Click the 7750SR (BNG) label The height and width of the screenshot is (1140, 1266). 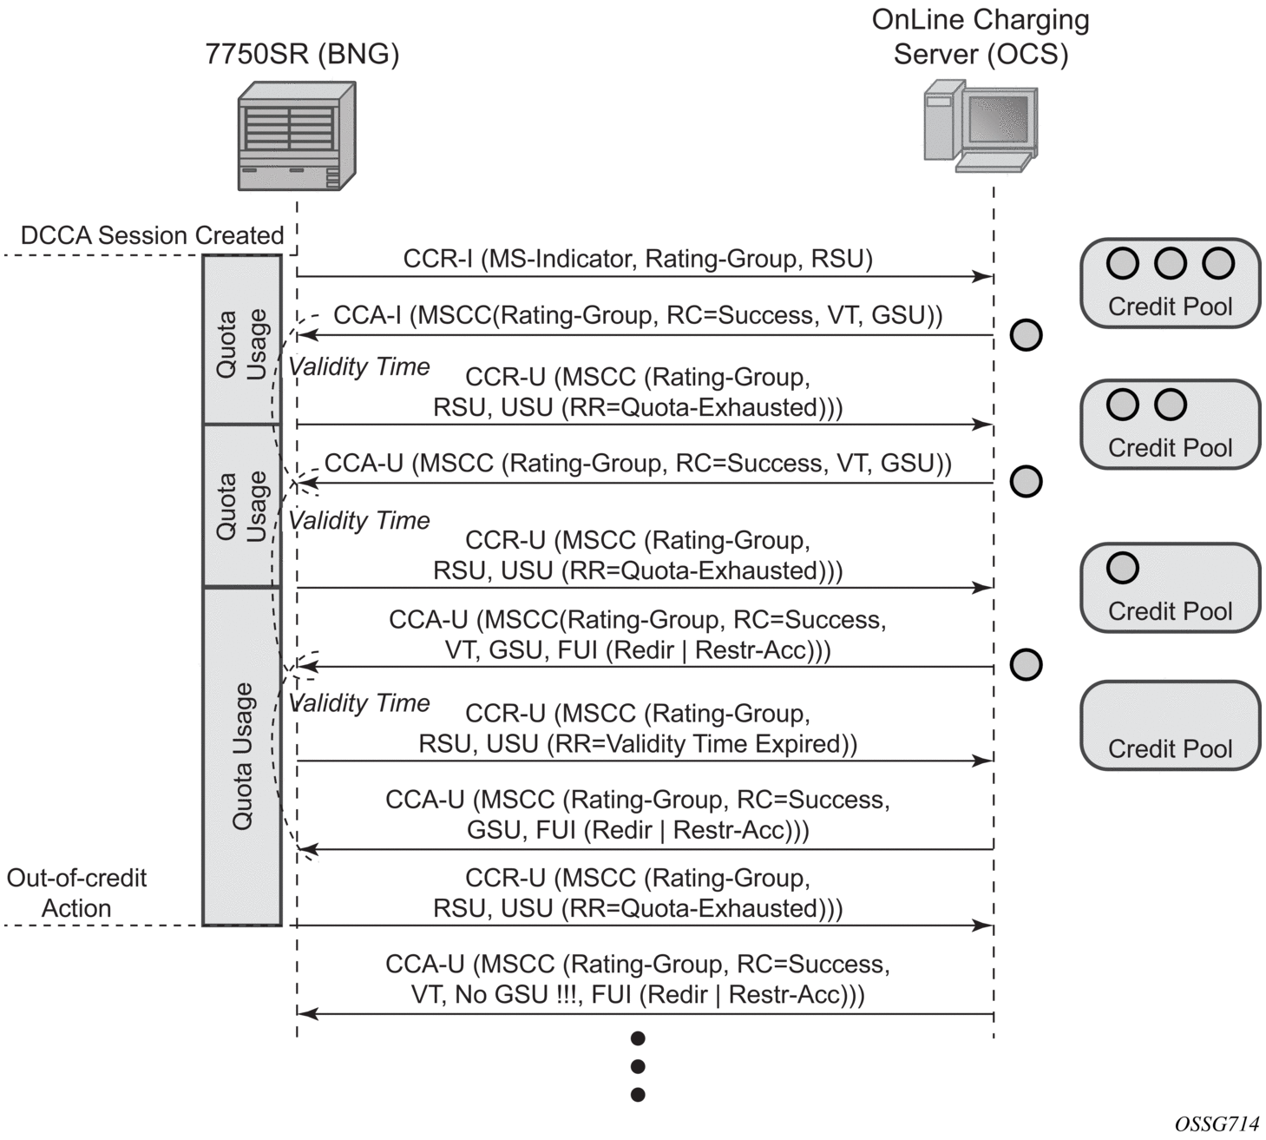[x=302, y=54]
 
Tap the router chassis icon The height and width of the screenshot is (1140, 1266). [x=297, y=135]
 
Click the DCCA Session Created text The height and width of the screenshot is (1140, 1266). [x=152, y=235]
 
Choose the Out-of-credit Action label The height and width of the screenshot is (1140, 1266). [x=76, y=893]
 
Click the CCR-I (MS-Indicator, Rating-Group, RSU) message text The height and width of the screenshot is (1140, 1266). [x=638, y=259]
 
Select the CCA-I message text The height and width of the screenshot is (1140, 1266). [x=638, y=315]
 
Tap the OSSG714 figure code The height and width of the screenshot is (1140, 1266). [x=1217, y=1124]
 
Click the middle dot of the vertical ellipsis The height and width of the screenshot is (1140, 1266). [x=638, y=1066]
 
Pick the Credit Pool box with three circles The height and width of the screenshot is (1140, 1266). [x=1170, y=283]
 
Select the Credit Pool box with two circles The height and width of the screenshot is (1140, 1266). [x=1170, y=425]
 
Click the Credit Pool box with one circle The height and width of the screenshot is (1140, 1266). [x=1170, y=588]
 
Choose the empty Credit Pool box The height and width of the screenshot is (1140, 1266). [x=1170, y=726]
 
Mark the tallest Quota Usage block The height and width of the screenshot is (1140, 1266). [x=242, y=755]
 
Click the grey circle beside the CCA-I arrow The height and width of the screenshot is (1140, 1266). [x=1026, y=335]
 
